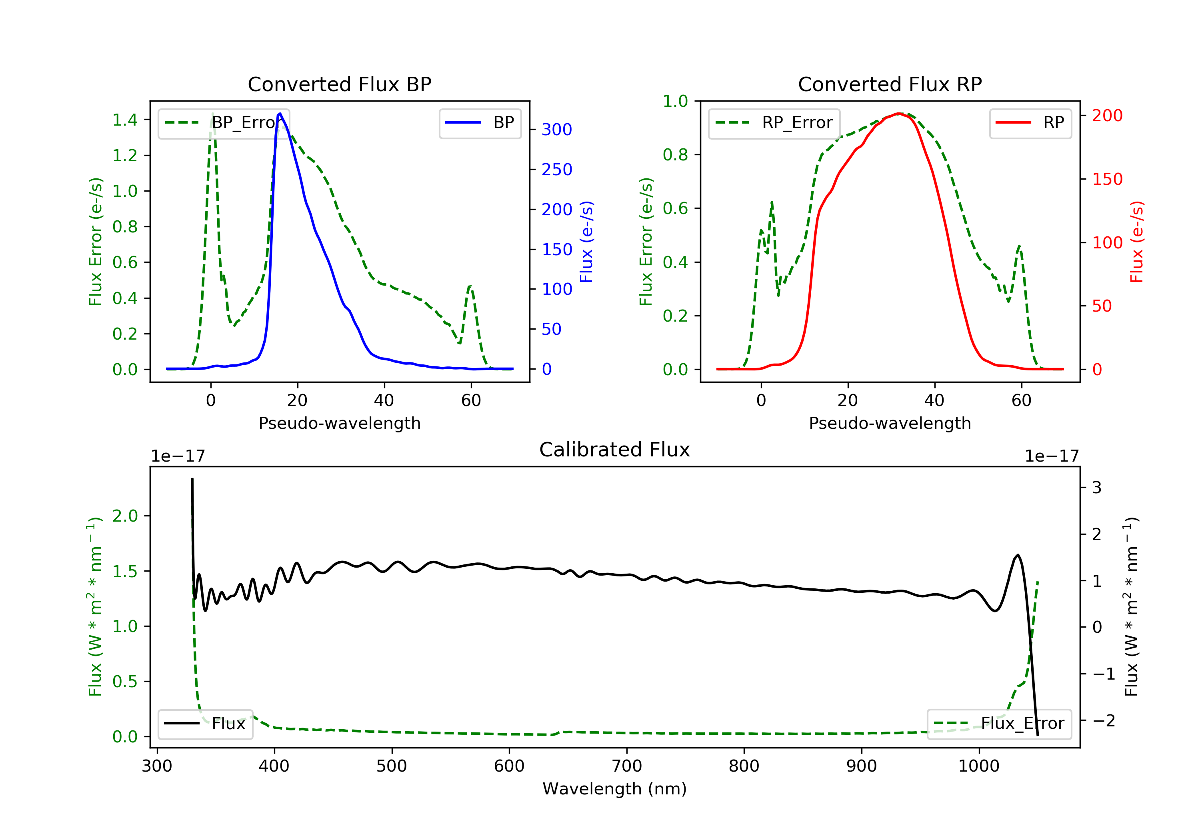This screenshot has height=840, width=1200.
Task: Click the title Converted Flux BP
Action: [339, 84]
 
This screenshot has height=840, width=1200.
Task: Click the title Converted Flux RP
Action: [890, 84]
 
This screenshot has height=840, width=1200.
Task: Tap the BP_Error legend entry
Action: [224, 123]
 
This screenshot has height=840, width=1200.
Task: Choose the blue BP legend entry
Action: [480, 123]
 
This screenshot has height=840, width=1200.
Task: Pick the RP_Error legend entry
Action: [774, 123]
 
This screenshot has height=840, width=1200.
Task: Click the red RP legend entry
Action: [1030, 123]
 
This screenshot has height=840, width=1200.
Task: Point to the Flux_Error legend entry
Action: [999, 724]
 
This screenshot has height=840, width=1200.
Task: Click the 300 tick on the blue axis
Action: [557, 130]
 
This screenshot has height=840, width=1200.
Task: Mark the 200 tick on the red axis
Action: [1107, 116]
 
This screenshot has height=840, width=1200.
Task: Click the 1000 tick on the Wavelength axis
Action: [978, 766]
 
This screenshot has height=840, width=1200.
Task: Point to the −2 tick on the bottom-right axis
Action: [1103, 721]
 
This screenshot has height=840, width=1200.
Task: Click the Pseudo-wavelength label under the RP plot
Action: [890, 423]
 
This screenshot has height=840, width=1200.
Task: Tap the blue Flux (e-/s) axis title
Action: [586, 242]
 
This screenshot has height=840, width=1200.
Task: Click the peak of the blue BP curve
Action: [280, 114]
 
